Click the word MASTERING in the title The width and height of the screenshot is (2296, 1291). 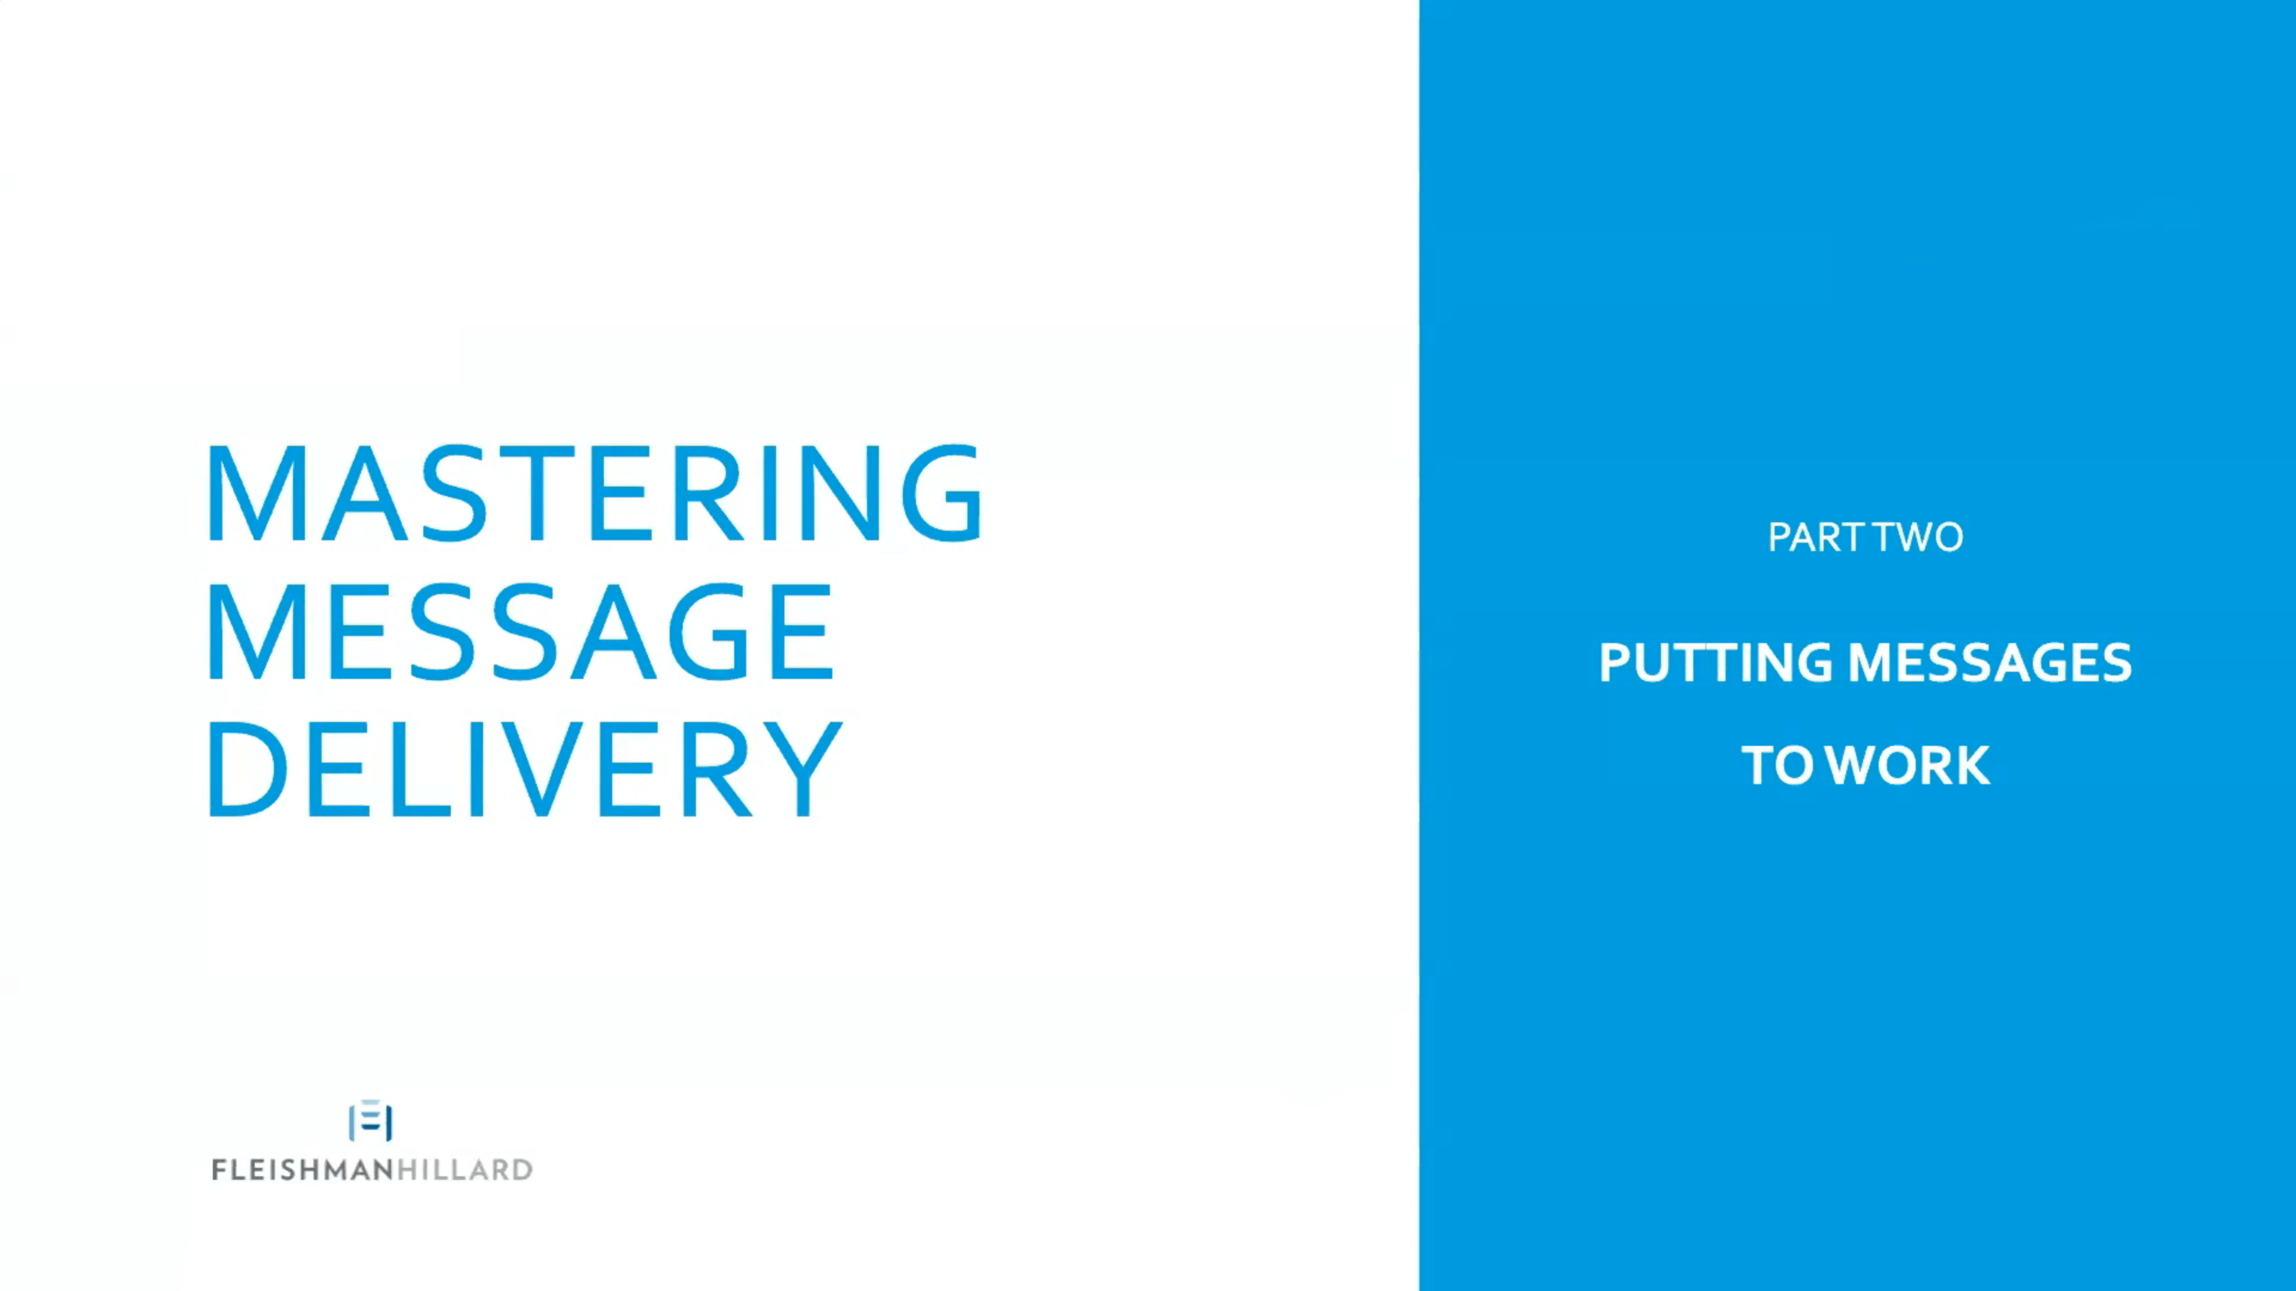pos(594,492)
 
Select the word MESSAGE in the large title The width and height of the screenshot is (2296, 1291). pos(521,632)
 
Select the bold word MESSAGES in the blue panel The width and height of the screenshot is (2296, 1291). pos(1989,663)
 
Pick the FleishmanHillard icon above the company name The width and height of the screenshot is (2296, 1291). pos(371,1121)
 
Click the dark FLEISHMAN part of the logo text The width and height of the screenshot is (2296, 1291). pos(303,1170)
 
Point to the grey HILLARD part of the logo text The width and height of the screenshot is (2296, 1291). pos(465,1170)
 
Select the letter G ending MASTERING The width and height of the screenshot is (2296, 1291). pos(942,492)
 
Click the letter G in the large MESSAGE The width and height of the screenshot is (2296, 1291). pos(709,632)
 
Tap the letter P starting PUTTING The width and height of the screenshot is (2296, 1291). pos(1615,663)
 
